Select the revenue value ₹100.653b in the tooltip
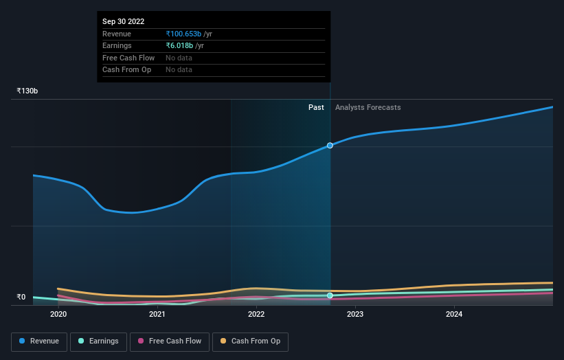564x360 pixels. [x=183, y=34]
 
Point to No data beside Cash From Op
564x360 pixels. [x=179, y=69]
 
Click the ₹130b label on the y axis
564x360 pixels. [x=27, y=91]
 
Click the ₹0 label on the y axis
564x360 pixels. [x=21, y=297]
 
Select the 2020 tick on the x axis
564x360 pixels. [x=58, y=315]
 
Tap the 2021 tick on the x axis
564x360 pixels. [x=157, y=315]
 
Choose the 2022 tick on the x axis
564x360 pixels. [x=256, y=315]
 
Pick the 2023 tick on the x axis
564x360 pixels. [x=355, y=315]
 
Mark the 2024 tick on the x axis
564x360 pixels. [x=454, y=315]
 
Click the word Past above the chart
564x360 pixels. [x=316, y=107]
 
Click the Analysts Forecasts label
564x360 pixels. [x=368, y=107]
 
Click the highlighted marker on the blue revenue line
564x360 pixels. [x=330, y=146]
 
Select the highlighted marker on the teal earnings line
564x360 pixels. [x=330, y=295]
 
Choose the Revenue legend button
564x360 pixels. [x=39, y=341]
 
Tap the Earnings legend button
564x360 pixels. [x=98, y=341]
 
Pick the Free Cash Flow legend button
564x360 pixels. [x=169, y=341]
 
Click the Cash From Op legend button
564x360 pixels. [x=250, y=341]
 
